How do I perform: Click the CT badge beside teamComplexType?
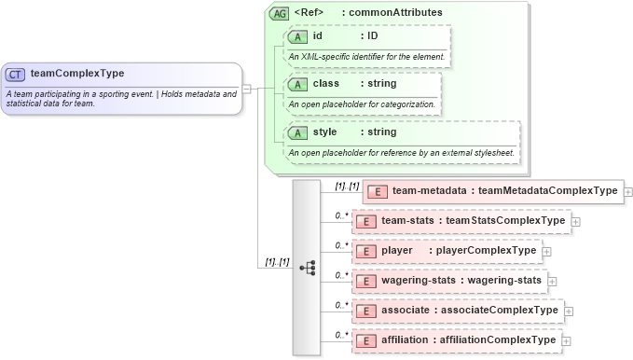[x=16, y=74]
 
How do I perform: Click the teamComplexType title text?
[x=77, y=74]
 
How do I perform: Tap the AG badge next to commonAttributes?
[x=279, y=14]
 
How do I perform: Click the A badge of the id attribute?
[x=297, y=36]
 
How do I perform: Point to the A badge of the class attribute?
[x=297, y=84]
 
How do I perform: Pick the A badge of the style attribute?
[x=297, y=132]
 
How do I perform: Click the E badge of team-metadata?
[x=378, y=191]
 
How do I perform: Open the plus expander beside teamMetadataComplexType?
[x=628, y=191]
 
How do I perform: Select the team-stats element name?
[x=408, y=221]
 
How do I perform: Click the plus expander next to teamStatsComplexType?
[x=576, y=221]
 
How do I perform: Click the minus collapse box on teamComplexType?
[x=248, y=88]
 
